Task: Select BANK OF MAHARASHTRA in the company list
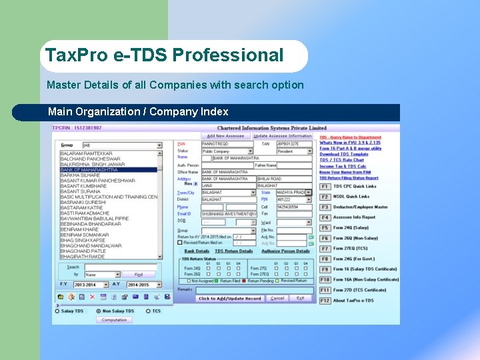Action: tap(89, 170)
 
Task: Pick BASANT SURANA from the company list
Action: tap(81, 191)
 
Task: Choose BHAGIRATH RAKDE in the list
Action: tap(83, 256)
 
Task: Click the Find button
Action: tap(139, 274)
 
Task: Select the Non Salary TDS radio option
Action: tap(99, 311)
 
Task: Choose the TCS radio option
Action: tap(149, 311)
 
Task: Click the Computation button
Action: tap(115, 320)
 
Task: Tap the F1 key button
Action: tap(325, 187)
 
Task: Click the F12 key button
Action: tap(325, 301)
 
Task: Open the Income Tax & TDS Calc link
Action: tap(343, 166)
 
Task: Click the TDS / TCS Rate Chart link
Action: tap(341, 160)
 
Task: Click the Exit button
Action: tap(300, 298)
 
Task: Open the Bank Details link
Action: tap(197, 251)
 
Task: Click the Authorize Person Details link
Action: tap(285, 251)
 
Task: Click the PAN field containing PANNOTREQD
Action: tap(227, 143)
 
